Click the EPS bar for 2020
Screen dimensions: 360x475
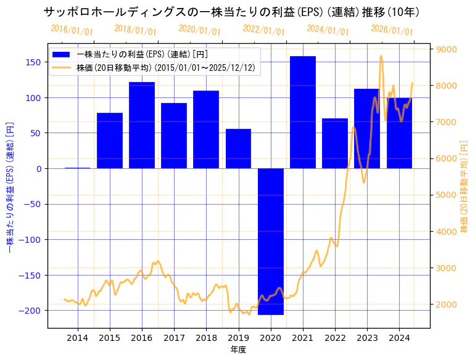coord(271,241)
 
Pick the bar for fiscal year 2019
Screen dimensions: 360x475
coord(238,149)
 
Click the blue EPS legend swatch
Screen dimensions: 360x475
coord(62,54)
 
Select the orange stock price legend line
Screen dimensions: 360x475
coord(62,67)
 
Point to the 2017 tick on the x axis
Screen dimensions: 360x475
coord(174,337)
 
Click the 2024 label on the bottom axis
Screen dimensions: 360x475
coord(399,337)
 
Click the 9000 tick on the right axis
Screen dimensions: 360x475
coord(446,49)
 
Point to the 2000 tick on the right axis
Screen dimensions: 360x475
coord(446,305)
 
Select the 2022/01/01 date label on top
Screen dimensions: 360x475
coord(264,30)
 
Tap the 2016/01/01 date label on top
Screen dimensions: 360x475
coord(72,30)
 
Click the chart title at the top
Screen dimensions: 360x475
coord(232,12)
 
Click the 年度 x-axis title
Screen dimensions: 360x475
coord(238,350)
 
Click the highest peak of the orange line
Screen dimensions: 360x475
coord(381,56)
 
